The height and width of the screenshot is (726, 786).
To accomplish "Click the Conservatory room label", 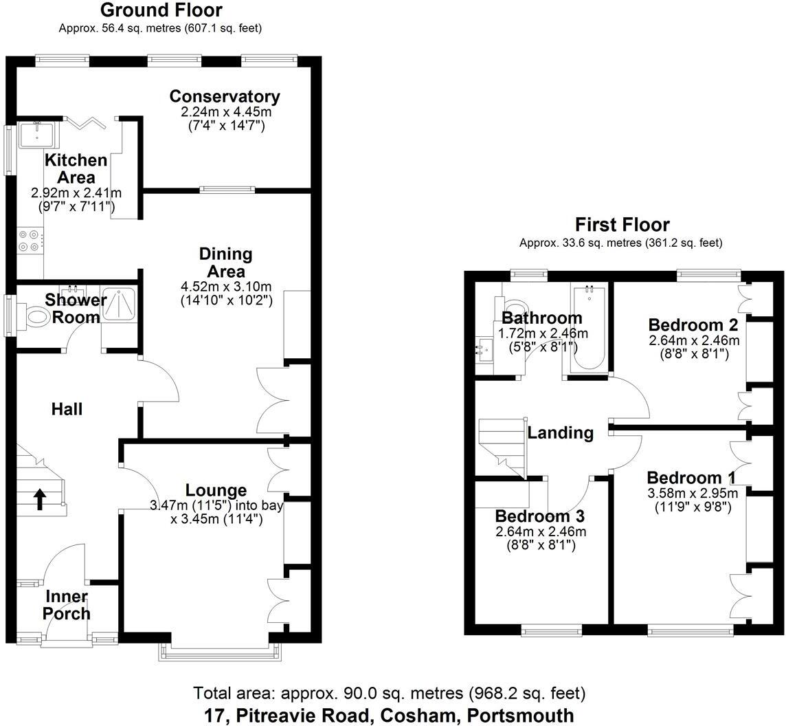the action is [x=225, y=96].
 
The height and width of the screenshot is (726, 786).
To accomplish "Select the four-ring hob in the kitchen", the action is [x=30, y=241].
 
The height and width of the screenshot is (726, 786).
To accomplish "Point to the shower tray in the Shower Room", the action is [x=119, y=304].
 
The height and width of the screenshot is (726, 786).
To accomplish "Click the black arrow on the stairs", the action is [x=40, y=499].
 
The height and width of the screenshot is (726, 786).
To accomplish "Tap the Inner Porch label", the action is [x=67, y=604].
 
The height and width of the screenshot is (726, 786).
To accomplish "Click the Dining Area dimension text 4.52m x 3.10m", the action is [x=226, y=287].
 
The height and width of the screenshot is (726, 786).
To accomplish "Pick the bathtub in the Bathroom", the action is [x=589, y=328].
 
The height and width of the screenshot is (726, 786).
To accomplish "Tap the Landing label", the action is [x=561, y=432].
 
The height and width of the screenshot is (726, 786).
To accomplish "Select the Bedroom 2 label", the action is [x=693, y=324].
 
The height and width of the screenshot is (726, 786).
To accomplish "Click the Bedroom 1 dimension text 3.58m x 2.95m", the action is [x=693, y=493].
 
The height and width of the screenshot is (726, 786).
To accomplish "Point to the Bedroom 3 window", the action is [x=552, y=630].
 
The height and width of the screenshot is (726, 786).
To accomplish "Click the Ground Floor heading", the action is [x=161, y=10].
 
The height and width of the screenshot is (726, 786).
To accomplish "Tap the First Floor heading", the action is [x=622, y=224].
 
